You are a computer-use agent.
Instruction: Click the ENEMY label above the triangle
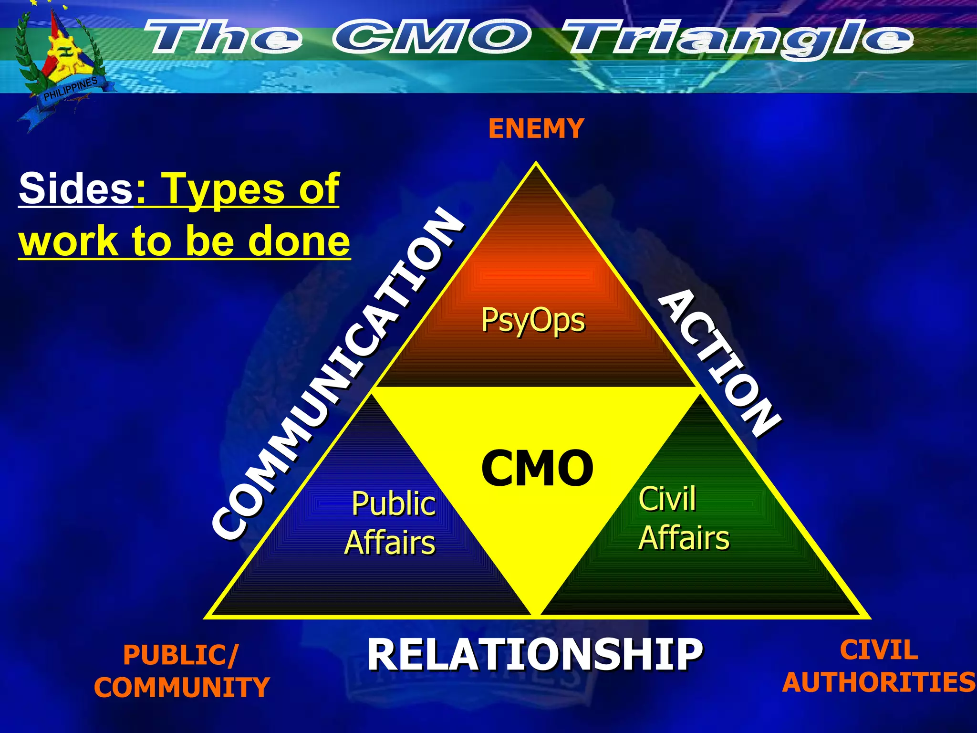536,129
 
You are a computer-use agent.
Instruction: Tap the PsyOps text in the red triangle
533,320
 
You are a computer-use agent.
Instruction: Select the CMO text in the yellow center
537,469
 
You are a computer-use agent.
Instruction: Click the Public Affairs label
391,523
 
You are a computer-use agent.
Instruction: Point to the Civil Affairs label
683,518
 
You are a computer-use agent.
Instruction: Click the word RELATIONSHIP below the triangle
534,655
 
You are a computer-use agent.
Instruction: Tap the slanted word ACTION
719,363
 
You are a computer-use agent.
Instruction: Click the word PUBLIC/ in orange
180,655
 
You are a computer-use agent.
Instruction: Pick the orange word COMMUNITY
182,687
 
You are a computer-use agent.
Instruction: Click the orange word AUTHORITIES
879,682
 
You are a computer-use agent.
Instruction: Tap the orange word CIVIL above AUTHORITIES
879,650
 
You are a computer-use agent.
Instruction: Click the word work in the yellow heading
68,241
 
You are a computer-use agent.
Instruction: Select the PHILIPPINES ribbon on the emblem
71,89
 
